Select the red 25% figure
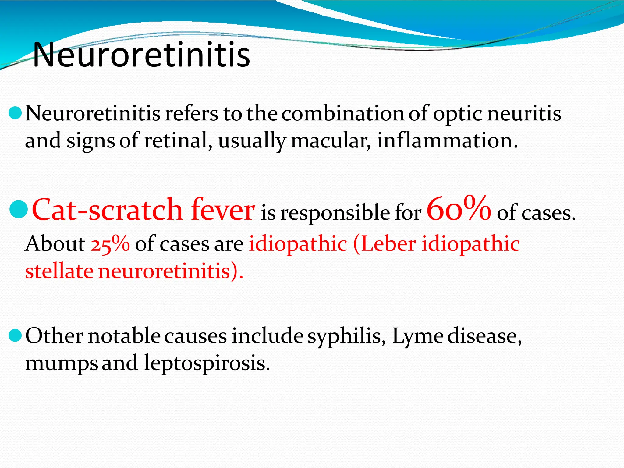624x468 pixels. point(110,244)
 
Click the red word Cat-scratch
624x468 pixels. point(107,210)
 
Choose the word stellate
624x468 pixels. point(59,271)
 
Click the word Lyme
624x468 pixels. point(417,336)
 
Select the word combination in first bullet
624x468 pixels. point(343,113)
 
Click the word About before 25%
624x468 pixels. point(55,244)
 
